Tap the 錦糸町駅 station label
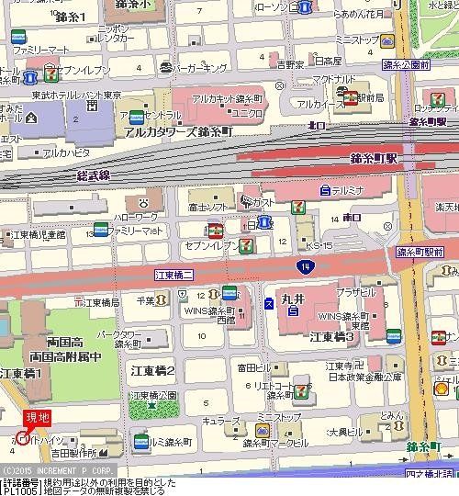coord(375,158)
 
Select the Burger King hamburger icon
coord(163,67)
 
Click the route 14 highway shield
coord(302,265)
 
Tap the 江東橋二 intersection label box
coord(174,275)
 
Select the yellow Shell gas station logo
coord(440,389)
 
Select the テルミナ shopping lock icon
coord(325,190)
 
